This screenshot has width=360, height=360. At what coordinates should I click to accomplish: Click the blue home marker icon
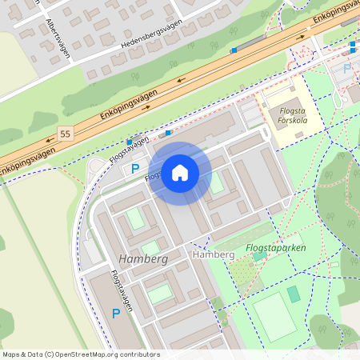tap(180, 173)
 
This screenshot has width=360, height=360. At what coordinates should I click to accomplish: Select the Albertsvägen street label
tap(57, 40)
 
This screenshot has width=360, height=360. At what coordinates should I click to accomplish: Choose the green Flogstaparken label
tap(276, 248)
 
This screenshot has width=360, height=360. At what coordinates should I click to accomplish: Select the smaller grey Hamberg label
tap(214, 254)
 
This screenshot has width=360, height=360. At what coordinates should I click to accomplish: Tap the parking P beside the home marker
tap(135, 170)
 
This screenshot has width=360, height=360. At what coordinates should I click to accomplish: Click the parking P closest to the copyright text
tap(116, 314)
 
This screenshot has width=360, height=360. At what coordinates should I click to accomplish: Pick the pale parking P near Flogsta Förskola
tap(346, 69)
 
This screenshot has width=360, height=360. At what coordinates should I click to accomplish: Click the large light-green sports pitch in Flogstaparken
tap(274, 317)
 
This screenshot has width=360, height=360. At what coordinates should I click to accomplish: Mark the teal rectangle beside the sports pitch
tap(294, 294)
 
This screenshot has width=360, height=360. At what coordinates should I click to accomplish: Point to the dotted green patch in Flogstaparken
tap(244, 272)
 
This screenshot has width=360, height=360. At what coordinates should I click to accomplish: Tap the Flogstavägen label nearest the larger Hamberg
tap(122, 292)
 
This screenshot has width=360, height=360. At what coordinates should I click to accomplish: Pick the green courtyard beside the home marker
tap(217, 182)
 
